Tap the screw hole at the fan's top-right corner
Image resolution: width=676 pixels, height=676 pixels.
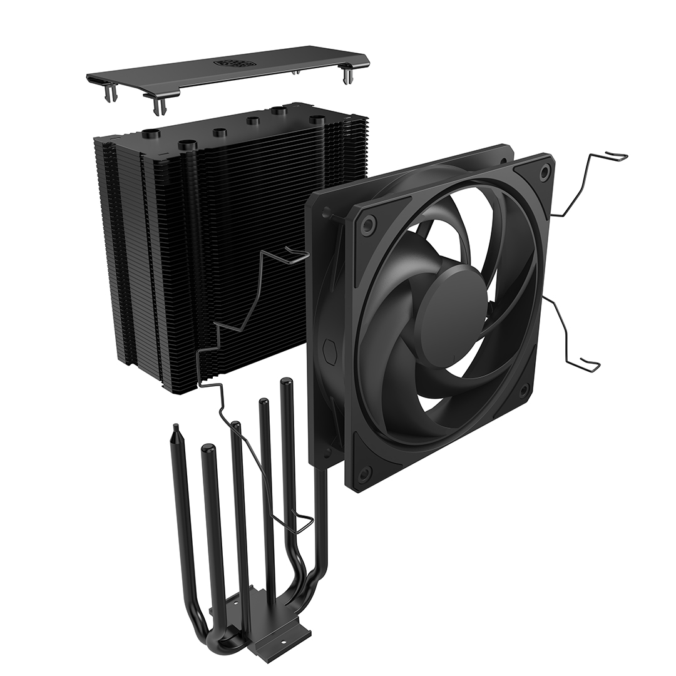[x=545, y=170]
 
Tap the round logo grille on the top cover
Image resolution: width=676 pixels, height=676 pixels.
[x=231, y=63]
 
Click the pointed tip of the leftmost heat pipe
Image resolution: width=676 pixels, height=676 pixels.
[x=176, y=429]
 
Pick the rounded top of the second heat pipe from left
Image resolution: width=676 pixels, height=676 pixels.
[x=208, y=449]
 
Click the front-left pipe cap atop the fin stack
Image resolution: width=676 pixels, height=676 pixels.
[x=188, y=145]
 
